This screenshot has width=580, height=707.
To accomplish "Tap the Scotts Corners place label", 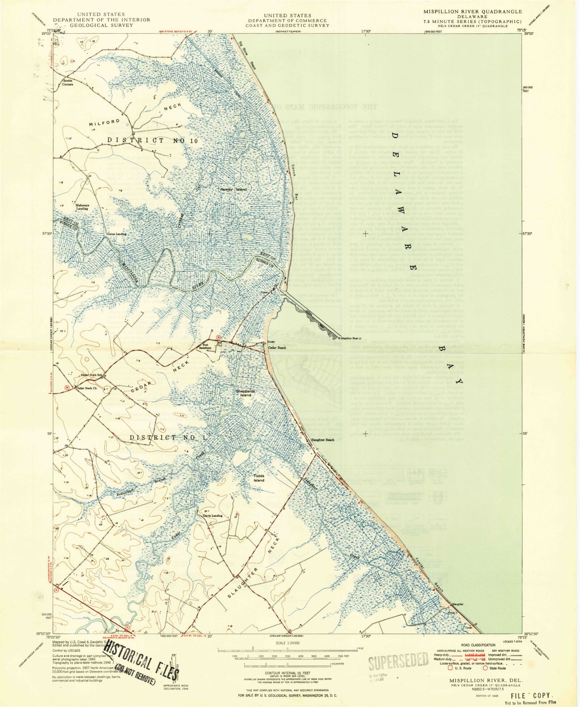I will pyautogui.click(x=67, y=82).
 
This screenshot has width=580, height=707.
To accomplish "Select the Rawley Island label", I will pyautogui.click(x=233, y=189).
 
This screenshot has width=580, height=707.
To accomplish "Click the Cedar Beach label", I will pyautogui.click(x=277, y=348).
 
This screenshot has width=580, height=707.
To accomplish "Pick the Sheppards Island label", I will pyautogui.click(x=246, y=393).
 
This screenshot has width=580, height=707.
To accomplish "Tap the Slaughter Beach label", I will pyautogui.click(x=323, y=440).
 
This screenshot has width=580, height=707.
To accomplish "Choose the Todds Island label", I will pyautogui.click(x=259, y=478).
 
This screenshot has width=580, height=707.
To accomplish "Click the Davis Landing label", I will pyautogui.click(x=212, y=515).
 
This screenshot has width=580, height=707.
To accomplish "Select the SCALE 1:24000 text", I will pyautogui.click(x=287, y=643).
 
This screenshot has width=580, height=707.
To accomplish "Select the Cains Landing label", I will pyautogui.click(x=116, y=234).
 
